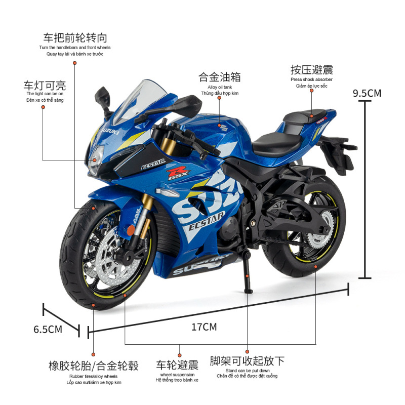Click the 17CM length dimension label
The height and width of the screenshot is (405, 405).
pyautogui.click(x=204, y=327)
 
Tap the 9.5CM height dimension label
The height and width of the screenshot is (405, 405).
pyautogui.click(x=367, y=93)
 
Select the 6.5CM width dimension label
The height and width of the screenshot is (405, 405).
pyautogui.click(x=48, y=329)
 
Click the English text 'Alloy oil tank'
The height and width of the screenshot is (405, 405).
pyautogui.click(x=219, y=87)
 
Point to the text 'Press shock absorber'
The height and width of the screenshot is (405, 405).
pyautogui.click(x=311, y=79)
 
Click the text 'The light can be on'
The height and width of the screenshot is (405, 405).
pyautogui.click(x=45, y=94)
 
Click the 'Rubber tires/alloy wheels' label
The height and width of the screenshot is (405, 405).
pyautogui.click(x=93, y=376)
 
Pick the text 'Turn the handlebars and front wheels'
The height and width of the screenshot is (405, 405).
pyautogui.click(x=75, y=48)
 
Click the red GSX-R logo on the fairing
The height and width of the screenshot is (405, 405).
pyautogui.click(x=178, y=174)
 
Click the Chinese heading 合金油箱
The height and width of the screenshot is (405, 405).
pyautogui.click(x=219, y=77)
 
